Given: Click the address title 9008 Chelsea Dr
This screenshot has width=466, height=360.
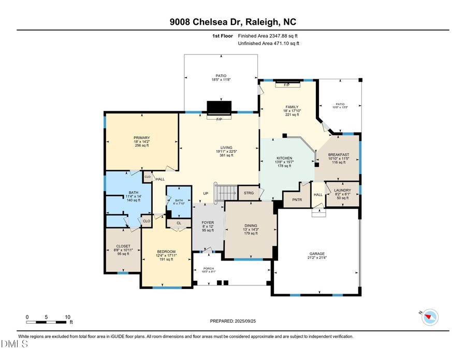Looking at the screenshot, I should (x=233, y=22).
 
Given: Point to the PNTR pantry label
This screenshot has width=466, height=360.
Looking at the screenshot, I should (x=296, y=199).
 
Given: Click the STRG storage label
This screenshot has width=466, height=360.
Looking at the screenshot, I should (x=249, y=193).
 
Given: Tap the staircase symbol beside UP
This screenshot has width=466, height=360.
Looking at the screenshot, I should (x=226, y=193).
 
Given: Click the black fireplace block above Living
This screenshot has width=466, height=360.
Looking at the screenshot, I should (x=220, y=107).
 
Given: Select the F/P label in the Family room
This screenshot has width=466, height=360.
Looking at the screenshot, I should (x=286, y=84).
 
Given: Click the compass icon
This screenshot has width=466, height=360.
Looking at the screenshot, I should (x=430, y=316).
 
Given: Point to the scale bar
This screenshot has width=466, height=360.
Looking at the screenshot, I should (x=48, y=322).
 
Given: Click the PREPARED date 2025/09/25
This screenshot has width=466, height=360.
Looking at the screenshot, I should (x=233, y=321).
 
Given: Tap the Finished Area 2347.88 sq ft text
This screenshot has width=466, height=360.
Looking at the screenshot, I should (x=268, y=36).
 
